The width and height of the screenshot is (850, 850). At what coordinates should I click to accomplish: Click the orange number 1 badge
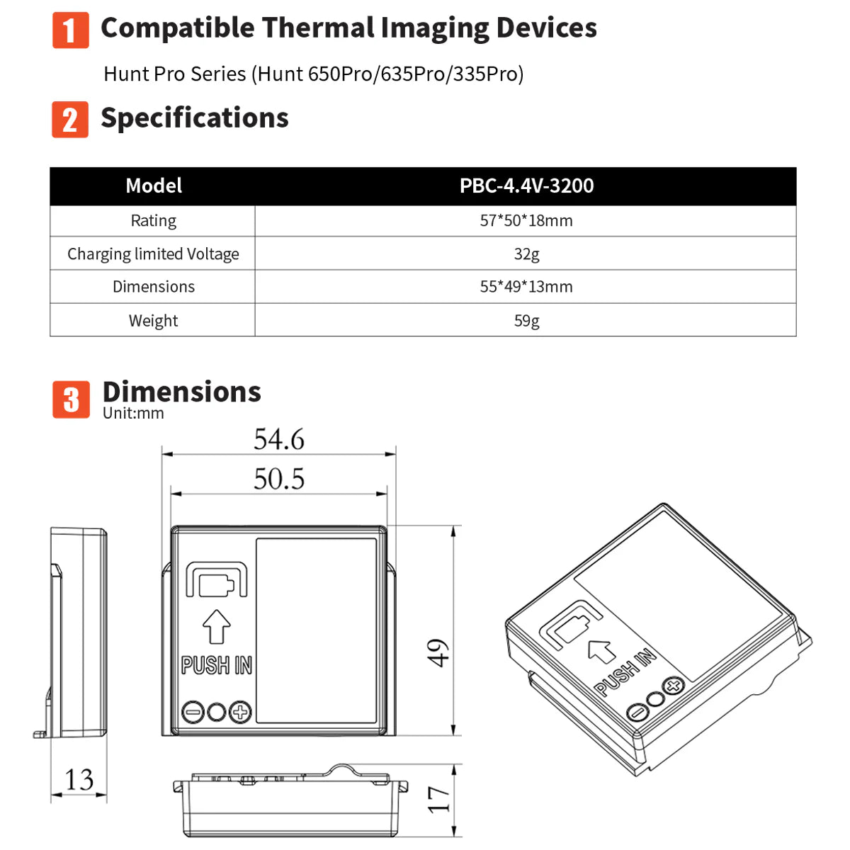71,30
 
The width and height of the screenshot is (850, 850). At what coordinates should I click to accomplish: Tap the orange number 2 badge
70,119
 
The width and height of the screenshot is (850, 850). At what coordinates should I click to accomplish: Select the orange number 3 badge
71,399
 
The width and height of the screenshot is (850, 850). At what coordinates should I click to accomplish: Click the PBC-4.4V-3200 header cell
526,186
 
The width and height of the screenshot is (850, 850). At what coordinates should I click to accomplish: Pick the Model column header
154,186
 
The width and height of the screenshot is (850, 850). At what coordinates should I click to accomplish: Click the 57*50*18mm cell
526,221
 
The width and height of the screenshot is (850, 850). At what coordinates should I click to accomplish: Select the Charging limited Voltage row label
153,254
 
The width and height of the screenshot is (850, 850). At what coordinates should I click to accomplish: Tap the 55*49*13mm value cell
526,287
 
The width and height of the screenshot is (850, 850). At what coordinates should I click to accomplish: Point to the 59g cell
526,321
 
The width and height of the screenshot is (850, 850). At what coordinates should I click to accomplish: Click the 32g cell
526,254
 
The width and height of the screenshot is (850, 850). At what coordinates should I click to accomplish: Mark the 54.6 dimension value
279,440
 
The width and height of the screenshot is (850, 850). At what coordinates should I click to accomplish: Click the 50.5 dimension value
279,480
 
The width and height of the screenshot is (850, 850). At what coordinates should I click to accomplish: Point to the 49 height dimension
439,652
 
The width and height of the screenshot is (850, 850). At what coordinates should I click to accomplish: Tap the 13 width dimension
79,780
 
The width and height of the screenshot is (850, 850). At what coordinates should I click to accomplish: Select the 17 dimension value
439,799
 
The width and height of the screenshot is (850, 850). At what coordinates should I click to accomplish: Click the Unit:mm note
133,414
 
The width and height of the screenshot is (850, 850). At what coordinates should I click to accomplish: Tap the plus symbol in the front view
241,712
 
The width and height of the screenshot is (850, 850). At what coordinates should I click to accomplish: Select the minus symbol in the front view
193,712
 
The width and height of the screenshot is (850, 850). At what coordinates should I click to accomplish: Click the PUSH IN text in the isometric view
625,672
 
